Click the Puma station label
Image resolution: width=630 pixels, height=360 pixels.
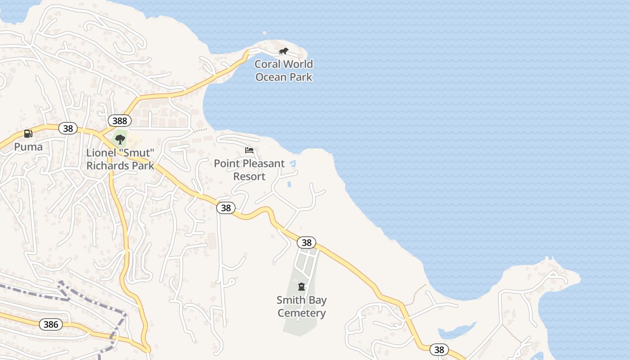click(x=28, y=147)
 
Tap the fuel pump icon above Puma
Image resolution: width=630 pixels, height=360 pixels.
click(x=28, y=134)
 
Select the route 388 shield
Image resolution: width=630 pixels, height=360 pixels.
click(x=120, y=121)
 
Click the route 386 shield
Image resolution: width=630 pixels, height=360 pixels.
click(x=51, y=324)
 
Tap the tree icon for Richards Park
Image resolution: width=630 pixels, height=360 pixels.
click(x=120, y=139)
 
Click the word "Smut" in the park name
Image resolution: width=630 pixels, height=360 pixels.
click(x=138, y=153)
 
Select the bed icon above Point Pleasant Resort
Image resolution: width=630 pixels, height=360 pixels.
click(x=249, y=150)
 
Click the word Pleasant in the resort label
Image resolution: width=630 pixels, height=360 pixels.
click(x=264, y=163)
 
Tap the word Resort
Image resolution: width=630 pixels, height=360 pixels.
click(x=249, y=176)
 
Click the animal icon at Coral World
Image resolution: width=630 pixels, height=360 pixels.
click(x=283, y=51)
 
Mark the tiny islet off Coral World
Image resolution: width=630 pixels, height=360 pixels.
click(x=265, y=33)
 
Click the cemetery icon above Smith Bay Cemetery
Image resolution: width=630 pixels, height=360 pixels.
click(x=301, y=287)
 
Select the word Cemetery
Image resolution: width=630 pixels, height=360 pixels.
click(x=301, y=313)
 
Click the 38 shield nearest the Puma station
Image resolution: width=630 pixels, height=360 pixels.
click(x=68, y=129)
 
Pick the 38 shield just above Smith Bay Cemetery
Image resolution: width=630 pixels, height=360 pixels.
click(x=306, y=243)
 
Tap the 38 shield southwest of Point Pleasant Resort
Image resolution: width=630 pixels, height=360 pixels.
click(x=226, y=207)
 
